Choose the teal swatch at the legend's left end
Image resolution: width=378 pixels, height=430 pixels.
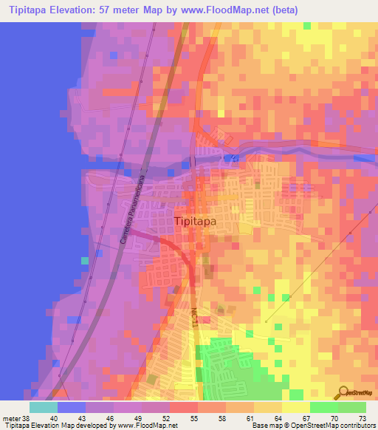[44, 407]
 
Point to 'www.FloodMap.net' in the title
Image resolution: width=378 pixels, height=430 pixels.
[232, 10]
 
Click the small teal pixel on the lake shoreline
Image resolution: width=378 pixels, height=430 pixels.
[85, 260]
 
